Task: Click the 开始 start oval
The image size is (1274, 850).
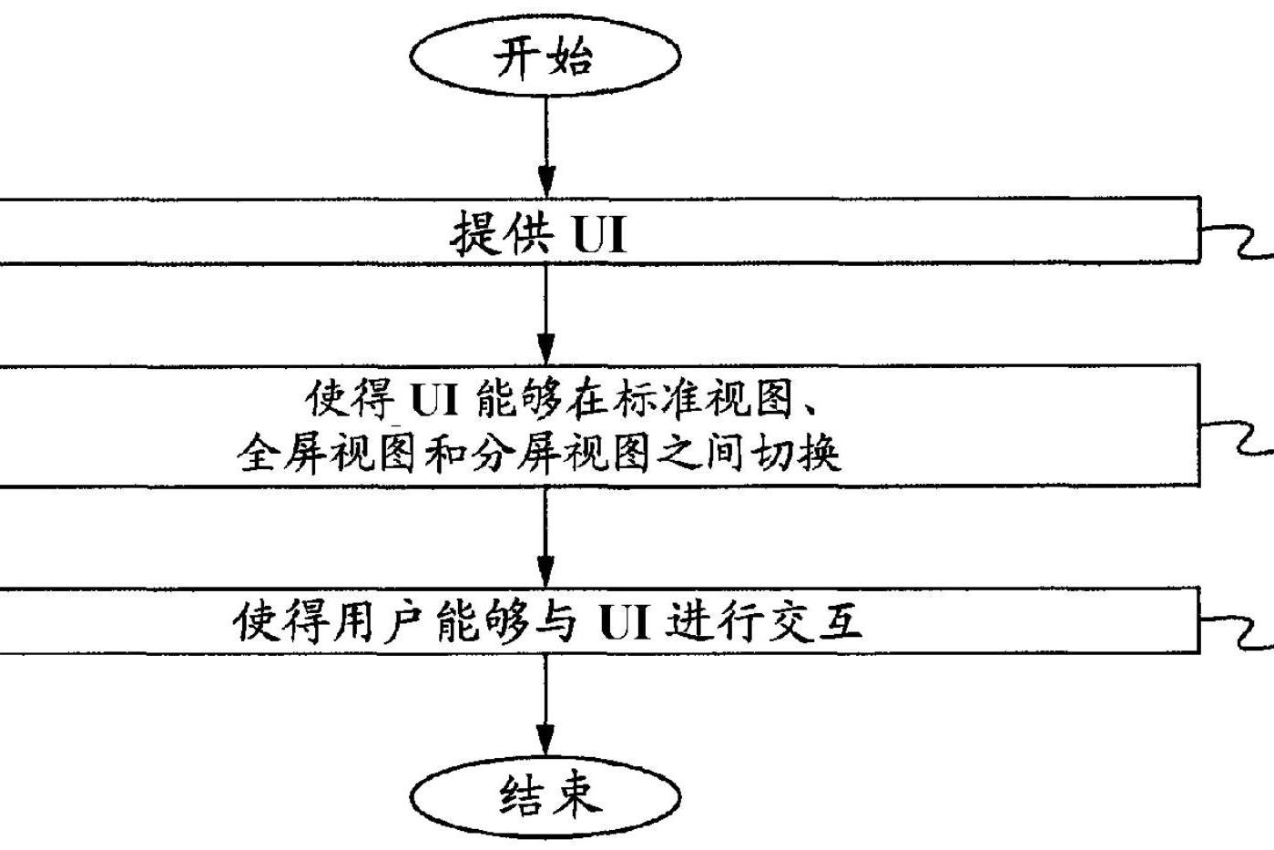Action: [x=545, y=56]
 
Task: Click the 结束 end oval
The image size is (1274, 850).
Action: [x=545, y=795]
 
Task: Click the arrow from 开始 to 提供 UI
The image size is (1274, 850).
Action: [x=545, y=146]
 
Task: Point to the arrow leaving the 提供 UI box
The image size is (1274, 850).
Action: [x=545, y=314]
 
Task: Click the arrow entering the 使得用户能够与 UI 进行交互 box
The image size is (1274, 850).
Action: [x=545, y=538]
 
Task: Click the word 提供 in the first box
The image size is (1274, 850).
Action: [x=502, y=233]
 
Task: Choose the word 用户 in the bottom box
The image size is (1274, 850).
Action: [x=381, y=622]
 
